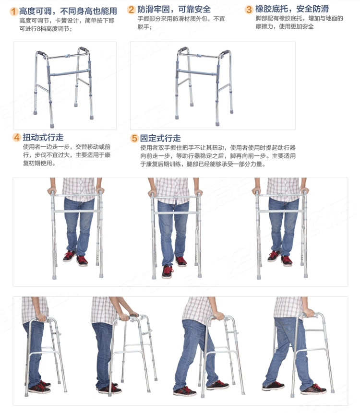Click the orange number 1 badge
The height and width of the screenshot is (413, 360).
point(13,11)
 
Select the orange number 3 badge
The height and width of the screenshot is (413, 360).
point(249,9)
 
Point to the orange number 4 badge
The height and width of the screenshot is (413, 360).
point(16,138)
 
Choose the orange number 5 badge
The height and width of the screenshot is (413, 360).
point(134,138)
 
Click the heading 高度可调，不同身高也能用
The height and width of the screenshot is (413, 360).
point(68,11)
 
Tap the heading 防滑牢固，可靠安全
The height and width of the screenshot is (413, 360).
point(174,10)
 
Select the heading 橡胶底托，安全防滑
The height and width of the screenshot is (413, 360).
point(292,9)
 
